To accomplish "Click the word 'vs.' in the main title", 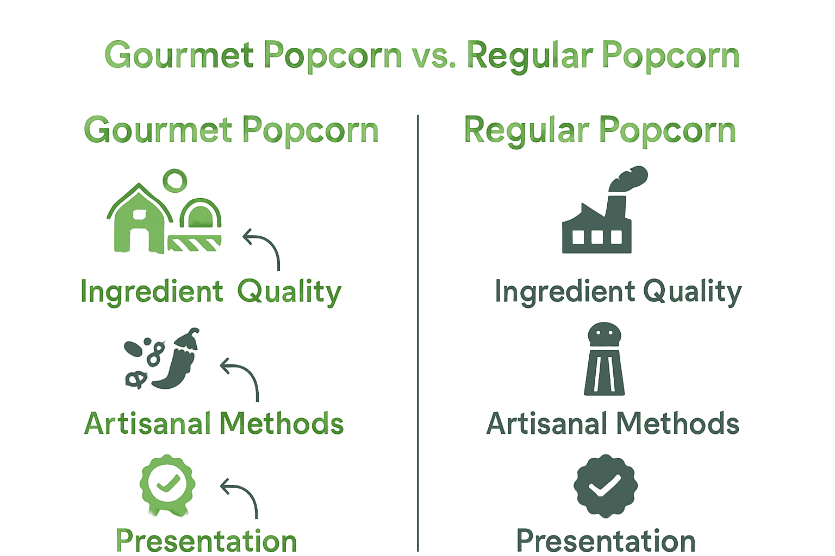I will [433, 56].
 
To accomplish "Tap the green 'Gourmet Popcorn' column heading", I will [231, 131].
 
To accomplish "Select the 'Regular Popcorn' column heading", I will [600, 131].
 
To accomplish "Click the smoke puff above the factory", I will [630, 179].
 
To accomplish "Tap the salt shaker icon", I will [605, 359].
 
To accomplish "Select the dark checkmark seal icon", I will [605, 485].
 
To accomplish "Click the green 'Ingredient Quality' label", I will [210, 292].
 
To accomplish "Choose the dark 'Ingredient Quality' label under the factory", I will [618, 292].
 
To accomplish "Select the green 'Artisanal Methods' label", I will [214, 424].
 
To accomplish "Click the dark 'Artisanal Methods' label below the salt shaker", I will [613, 424].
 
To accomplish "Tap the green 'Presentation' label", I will [207, 541].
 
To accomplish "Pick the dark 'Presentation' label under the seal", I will [606, 541].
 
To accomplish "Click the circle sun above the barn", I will [175, 180].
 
